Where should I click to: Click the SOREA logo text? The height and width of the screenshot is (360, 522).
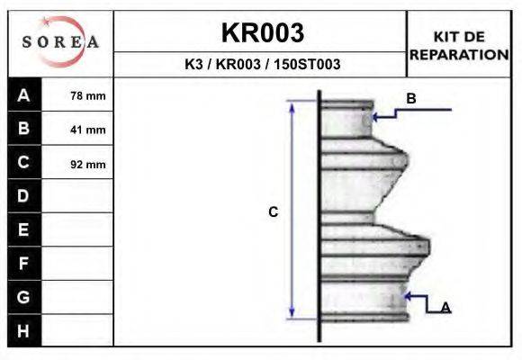pos(60,42)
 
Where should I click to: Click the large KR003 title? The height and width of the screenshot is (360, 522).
pos(263,32)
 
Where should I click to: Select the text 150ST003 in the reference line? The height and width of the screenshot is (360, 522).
pos(307,64)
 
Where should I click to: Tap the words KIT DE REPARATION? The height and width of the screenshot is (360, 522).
pos(459,46)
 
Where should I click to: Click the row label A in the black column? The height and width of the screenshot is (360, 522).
pos(23,95)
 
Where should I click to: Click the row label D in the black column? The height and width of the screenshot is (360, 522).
pos(23,196)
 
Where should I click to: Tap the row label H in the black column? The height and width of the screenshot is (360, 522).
pos(23,330)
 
